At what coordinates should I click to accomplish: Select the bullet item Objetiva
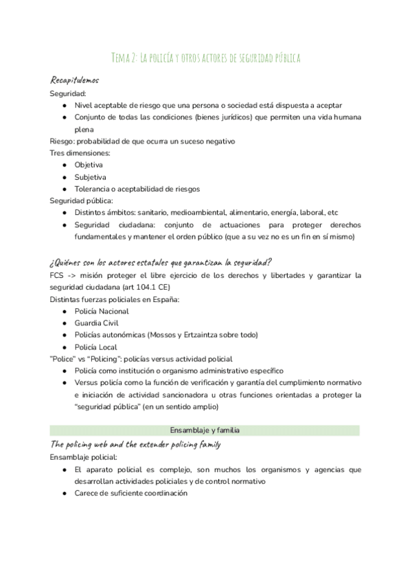pyautogui.click(x=89, y=165)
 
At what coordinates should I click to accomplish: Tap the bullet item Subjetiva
pyautogui.click(x=90, y=176)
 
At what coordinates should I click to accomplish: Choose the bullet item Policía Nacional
pyautogui.click(x=102, y=311)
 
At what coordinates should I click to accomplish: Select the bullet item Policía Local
pyautogui.click(x=95, y=347)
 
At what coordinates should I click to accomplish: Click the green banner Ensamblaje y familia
pyautogui.click(x=205, y=430)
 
